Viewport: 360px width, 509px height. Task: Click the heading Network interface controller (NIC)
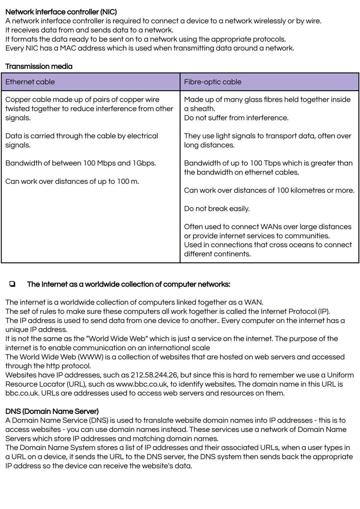[x=61, y=12]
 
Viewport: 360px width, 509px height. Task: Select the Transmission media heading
[x=39, y=66]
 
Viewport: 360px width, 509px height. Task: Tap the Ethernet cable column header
[x=30, y=82]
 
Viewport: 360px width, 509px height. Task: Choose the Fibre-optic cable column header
[x=212, y=82]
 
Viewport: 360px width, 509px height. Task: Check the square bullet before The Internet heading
[x=12, y=284]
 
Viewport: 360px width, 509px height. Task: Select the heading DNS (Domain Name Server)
[x=52, y=411]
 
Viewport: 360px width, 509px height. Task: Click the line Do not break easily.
[x=217, y=209]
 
